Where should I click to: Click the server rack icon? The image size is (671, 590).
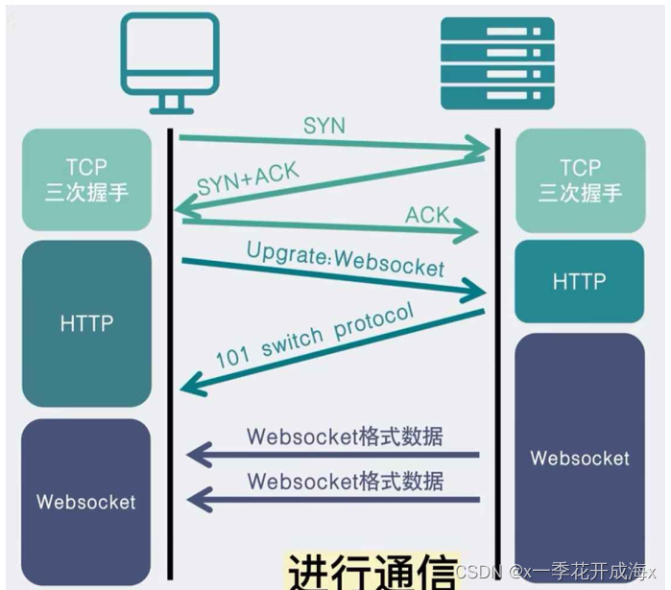tap(497, 63)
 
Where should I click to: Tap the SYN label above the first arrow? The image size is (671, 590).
tap(324, 126)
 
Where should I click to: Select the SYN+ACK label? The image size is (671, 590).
tap(249, 178)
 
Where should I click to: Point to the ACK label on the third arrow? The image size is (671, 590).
tap(427, 215)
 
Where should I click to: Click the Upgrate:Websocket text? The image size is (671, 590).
tap(346, 259)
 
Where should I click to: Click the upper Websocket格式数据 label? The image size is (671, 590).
tap(345, 437)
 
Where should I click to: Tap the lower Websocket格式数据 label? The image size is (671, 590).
tap(346, 481)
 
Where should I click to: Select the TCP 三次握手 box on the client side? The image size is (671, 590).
tap(86, 179)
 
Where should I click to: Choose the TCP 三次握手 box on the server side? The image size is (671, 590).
tap(580, 180)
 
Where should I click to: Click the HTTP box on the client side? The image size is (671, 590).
tap(86, 323)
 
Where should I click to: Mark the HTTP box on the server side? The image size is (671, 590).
tap(580, 281)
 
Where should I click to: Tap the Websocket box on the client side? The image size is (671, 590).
tap(86, 502)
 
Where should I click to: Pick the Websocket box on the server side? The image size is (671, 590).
tap(580, 458)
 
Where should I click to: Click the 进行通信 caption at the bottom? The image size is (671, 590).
tap(371, 571)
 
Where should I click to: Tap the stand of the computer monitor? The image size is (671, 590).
tap(171, 105)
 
